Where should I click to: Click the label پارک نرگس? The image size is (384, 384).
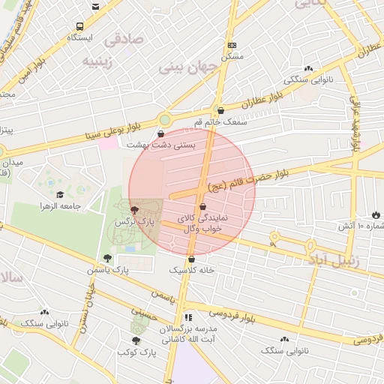point(134,223)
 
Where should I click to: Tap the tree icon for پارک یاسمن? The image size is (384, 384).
point(108,258)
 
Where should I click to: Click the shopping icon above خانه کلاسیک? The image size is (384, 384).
point(192,259)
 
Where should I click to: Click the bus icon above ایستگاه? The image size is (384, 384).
point(94,7)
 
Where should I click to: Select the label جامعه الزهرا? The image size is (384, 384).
point(61,205)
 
